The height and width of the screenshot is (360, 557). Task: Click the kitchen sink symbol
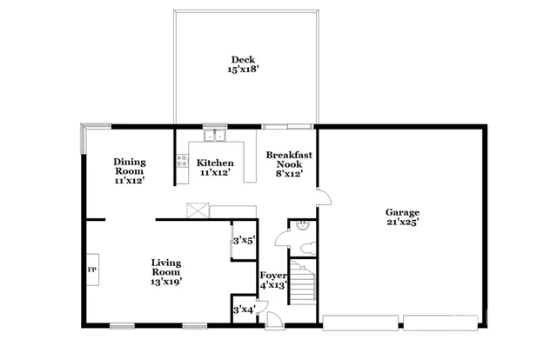[214, 135]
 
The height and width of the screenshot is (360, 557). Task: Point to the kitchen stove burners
[182, 161]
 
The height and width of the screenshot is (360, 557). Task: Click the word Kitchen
[214, 163]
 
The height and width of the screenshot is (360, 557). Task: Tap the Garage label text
[402, 212]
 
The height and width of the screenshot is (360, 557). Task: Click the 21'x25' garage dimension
[402, 223]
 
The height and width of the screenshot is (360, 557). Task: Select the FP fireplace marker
[91, 269]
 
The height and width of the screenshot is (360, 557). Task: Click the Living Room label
[165, 267]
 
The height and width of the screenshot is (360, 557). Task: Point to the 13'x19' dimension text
[165, 282]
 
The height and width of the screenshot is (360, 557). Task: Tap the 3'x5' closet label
[243, 241]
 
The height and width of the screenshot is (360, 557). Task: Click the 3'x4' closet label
[243, 309]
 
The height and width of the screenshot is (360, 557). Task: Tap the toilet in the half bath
[305, 248]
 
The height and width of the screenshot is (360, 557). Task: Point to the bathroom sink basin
[301, 225]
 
